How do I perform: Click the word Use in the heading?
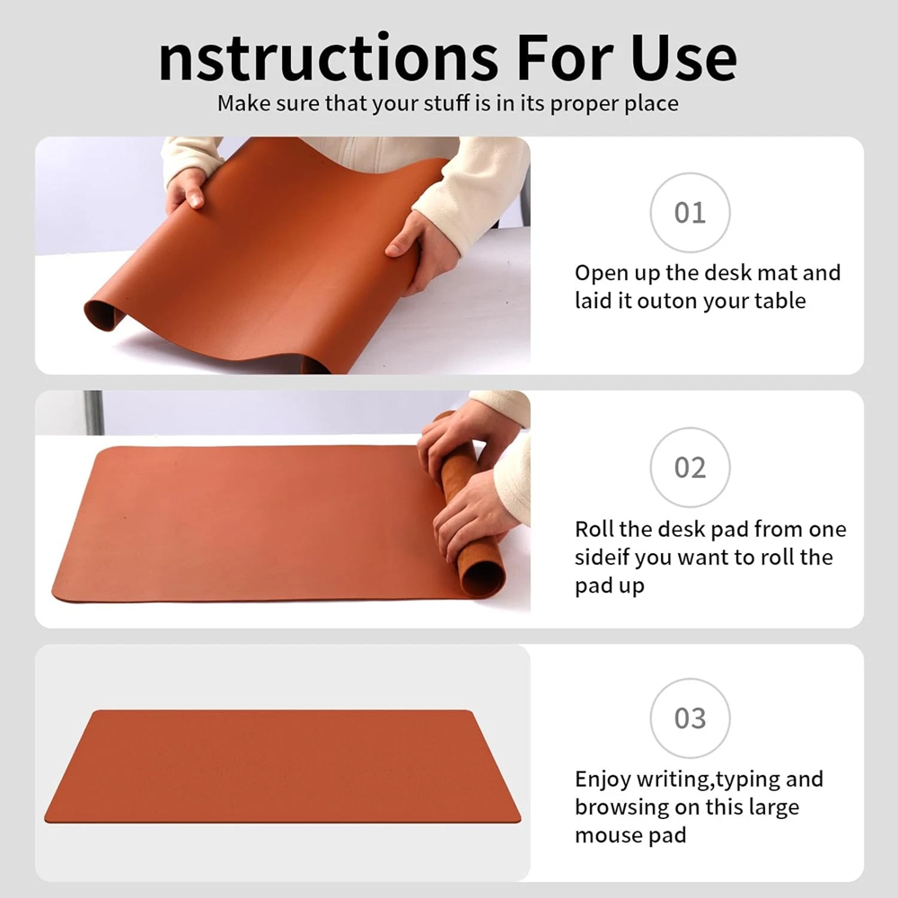click(x=683, y=57)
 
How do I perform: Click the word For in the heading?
click(x=565, y=57)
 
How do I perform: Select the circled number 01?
click(x=690, y=213)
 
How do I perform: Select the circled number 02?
click(x=690, y=467)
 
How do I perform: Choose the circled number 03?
click(x=690, y=718)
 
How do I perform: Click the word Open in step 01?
click(x=602, y=274)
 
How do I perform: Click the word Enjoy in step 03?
click(x=603, y=780)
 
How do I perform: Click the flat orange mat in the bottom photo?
click(x=282, y=766)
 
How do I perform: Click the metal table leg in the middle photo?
click(x=93, y=412)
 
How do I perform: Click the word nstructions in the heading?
click(x=329, y=57)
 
